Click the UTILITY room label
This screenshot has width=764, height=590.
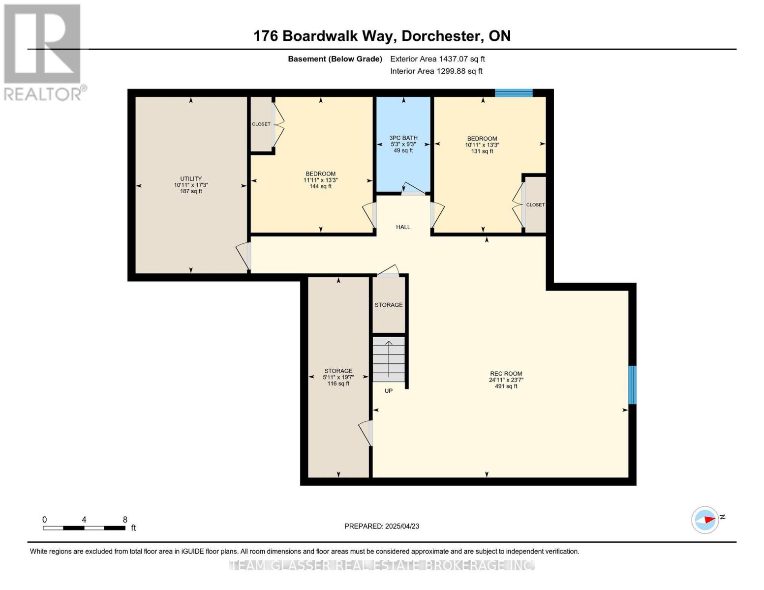(191, 179)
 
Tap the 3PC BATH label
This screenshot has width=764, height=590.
(403, 138)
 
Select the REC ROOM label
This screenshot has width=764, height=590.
(506, 374)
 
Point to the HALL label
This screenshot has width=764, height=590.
(403, 227)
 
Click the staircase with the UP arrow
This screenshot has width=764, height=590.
(389, 359)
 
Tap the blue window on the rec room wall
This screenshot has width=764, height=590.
(632, 384)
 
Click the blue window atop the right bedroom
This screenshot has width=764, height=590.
(514, 93)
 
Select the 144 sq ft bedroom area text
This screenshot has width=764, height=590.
(320, 187)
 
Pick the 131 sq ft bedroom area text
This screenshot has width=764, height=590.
(482, 151)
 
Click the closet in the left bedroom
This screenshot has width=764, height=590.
(261, 124)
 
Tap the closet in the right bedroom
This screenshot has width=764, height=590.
(535, 205)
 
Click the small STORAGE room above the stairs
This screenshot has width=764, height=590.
(389, 305)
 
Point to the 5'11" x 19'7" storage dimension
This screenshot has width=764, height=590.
(338, 377)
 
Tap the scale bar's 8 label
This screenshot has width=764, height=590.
(125, 520)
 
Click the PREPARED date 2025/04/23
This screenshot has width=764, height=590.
(382, 526)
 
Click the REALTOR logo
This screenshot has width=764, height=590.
(43, 52)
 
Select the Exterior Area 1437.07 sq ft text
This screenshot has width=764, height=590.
(437, 59)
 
